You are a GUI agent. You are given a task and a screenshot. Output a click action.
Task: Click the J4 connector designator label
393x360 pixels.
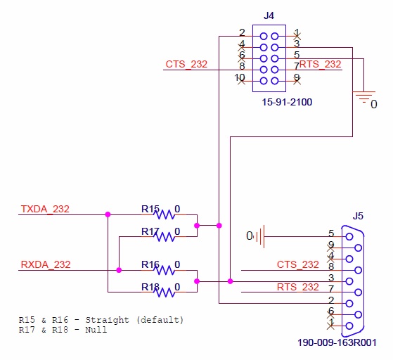pos(269,15)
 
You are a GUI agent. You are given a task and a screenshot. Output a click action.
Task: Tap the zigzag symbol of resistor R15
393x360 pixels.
pos(165,215)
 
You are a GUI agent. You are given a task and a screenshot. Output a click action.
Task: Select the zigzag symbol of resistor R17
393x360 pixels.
pos(165,237)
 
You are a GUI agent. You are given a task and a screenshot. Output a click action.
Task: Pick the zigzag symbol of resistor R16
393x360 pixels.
pos(165,270)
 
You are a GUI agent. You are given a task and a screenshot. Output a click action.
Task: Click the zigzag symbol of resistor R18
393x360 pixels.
pos(165,292)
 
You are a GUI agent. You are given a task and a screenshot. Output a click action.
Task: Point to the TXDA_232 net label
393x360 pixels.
pos(45,210)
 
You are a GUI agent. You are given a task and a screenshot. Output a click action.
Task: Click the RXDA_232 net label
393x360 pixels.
pos(46,265)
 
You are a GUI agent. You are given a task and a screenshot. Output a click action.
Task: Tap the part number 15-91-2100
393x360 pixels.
pos(287,102)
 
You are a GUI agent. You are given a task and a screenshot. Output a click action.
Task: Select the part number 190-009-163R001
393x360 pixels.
pos(337,342)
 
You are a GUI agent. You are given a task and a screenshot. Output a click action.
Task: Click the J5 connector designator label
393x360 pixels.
pos(358,216)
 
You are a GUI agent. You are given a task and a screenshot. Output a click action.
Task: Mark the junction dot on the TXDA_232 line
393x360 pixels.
pos(108,214)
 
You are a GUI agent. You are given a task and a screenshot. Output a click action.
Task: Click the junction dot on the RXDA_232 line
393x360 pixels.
pos(119,270)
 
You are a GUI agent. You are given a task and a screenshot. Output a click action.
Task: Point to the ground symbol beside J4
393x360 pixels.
pos(364,97)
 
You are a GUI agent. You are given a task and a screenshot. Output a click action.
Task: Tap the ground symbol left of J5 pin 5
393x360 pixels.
pos(260,236)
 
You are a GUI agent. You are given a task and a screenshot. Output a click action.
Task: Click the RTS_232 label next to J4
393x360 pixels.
pos(321,65)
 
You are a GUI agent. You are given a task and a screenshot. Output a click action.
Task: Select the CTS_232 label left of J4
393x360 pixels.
pos(186,65)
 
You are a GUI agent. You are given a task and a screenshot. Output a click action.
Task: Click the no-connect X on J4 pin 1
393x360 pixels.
pos(297,37)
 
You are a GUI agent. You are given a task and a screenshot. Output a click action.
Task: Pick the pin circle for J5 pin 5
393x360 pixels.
pos(349,237)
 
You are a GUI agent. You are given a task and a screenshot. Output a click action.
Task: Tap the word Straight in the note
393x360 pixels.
pos(108,320)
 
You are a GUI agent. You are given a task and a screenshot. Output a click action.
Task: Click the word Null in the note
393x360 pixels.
pos(96,330)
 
